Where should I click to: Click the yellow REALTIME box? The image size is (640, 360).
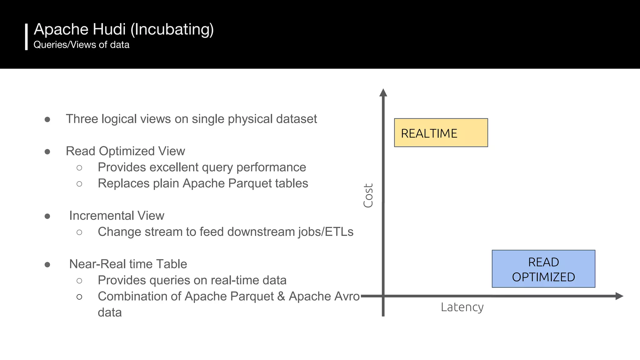click(441, 133)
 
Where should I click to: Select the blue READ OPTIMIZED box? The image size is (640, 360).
click(543, 269)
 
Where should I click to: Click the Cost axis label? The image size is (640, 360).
click(368, 195)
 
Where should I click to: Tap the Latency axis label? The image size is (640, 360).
click(462, 307)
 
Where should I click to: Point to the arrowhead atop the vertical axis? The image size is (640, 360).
click(383, 93)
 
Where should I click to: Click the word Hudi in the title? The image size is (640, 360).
click(109, 29)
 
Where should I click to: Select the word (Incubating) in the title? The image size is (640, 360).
click(172, 30)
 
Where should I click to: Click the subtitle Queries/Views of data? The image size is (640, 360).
click(81, 45)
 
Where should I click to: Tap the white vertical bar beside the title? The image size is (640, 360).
click(26, 37)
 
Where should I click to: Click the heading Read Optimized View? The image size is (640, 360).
click(125, 151)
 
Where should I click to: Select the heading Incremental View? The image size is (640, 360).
click(117, 216)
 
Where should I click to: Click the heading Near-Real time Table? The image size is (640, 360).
click(128, 264)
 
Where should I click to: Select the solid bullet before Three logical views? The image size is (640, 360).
click(47, 119)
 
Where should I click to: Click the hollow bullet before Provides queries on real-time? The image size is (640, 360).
click(79, 281)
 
